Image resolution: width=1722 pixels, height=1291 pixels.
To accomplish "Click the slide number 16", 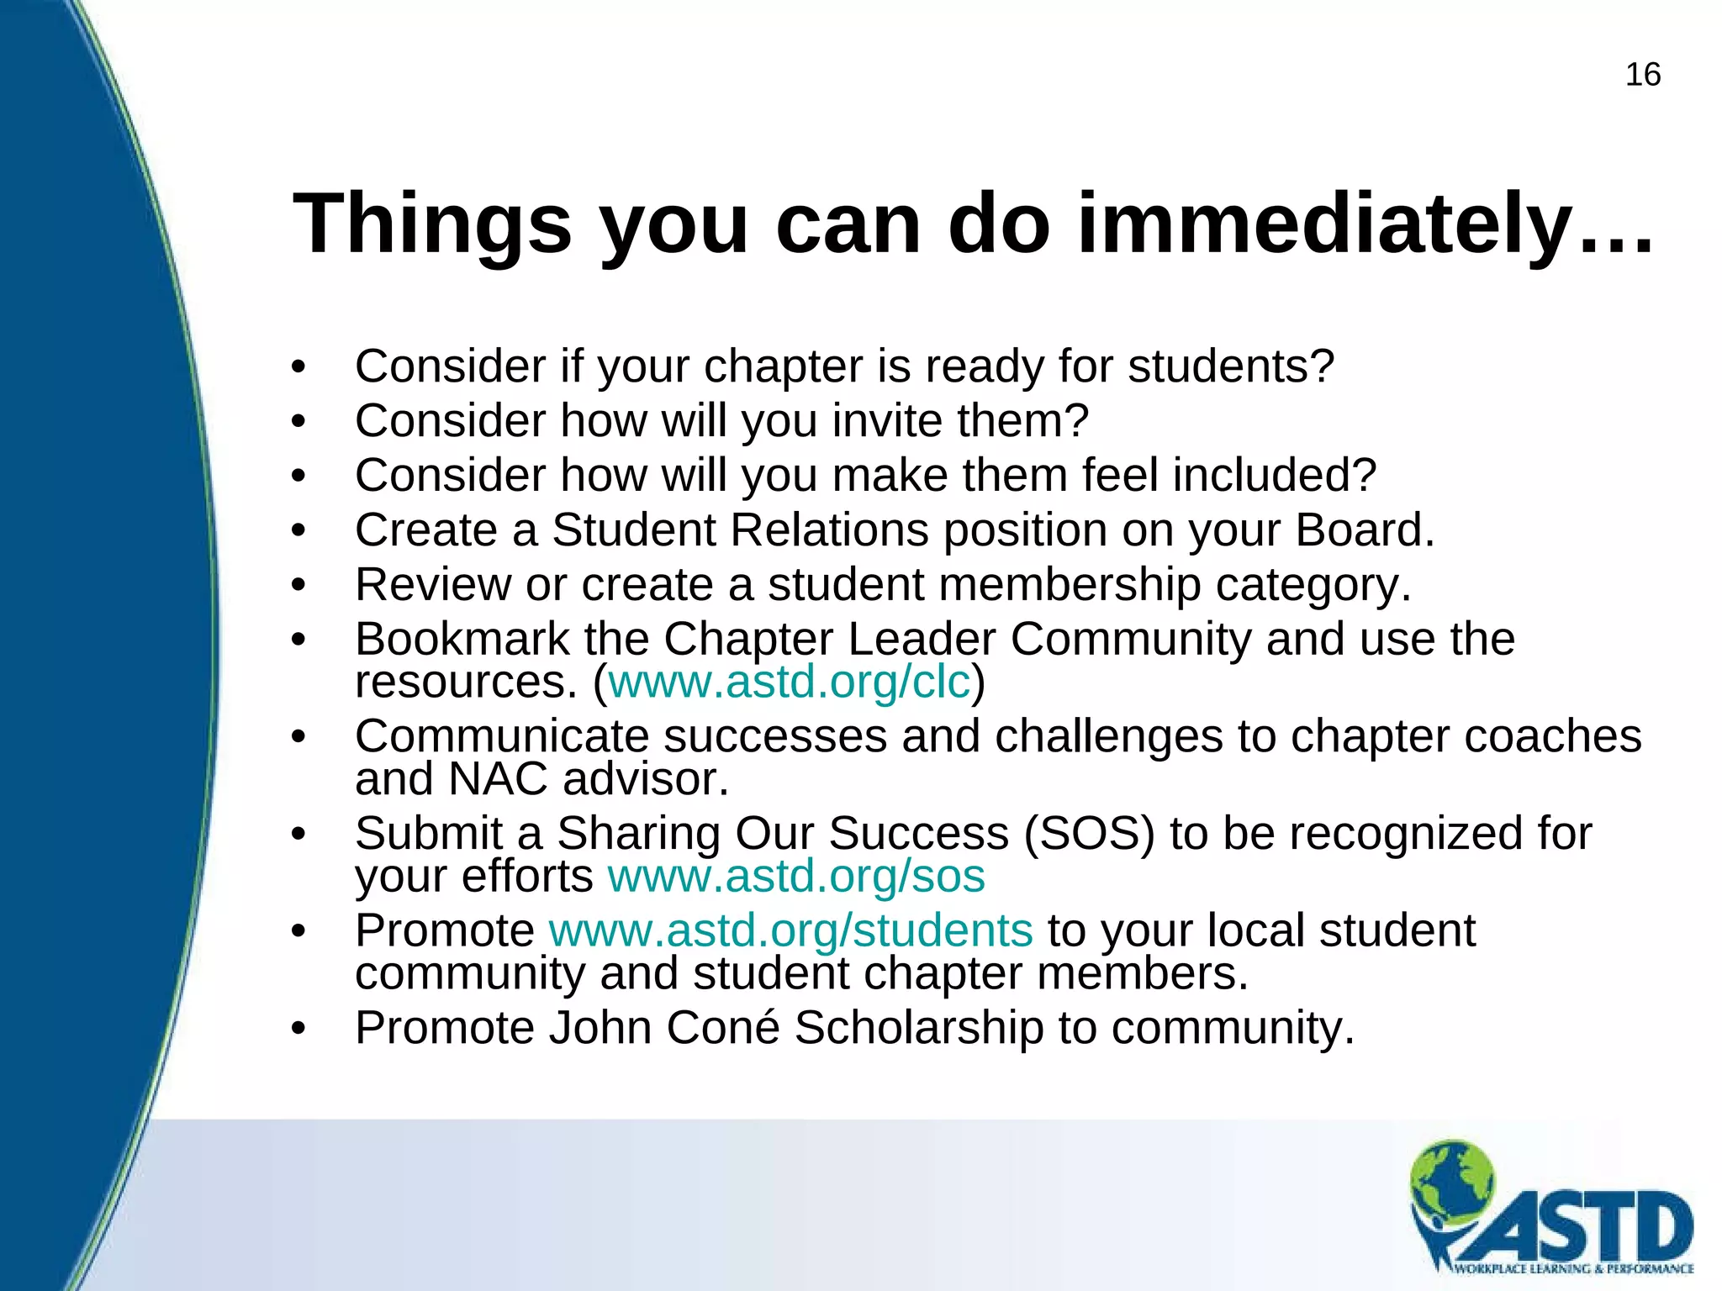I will [x=1642, y=75].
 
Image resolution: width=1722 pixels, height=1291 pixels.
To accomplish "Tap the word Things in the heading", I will [x=432, y=224].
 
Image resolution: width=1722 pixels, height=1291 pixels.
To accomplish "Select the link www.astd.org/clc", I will [x=789, y=682].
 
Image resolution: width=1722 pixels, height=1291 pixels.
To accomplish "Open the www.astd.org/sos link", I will [x=795, y=877].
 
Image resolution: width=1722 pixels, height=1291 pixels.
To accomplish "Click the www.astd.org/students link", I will [x=790, y=930].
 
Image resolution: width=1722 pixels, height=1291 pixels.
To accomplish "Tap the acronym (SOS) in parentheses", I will [x=1089, y=834].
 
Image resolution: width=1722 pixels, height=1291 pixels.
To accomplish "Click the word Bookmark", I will [x=462, y=640].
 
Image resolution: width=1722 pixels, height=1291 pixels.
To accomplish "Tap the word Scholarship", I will [x=918, y=1028].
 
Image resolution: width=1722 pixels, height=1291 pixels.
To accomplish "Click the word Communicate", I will [x=502, y=737].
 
